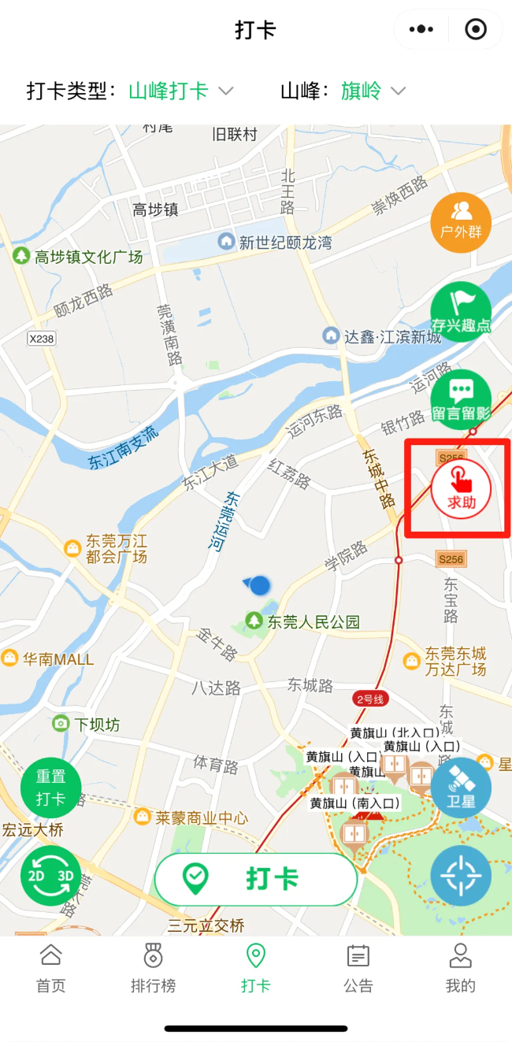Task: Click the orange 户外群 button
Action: click(461, 223)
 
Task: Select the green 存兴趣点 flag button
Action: click(461, 312)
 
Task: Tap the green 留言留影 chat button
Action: click(461, 400)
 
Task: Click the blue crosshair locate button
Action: click(461, 876)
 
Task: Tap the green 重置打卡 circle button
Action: click(50, 788)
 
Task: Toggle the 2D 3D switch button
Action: click(50, 876)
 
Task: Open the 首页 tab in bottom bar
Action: click(51, 969)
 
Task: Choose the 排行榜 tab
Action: click(154, 969)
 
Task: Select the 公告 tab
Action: click(358, 969)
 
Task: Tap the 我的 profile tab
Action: click(461, 969)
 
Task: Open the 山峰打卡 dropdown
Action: click(181, 91)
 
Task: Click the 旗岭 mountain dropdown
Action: click(373, 91)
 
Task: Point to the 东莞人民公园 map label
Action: click(313, 621)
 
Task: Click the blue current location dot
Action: click(259, 585)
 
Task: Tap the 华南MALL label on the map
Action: click(58, 659)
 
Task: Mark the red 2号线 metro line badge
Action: click(369, 699)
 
